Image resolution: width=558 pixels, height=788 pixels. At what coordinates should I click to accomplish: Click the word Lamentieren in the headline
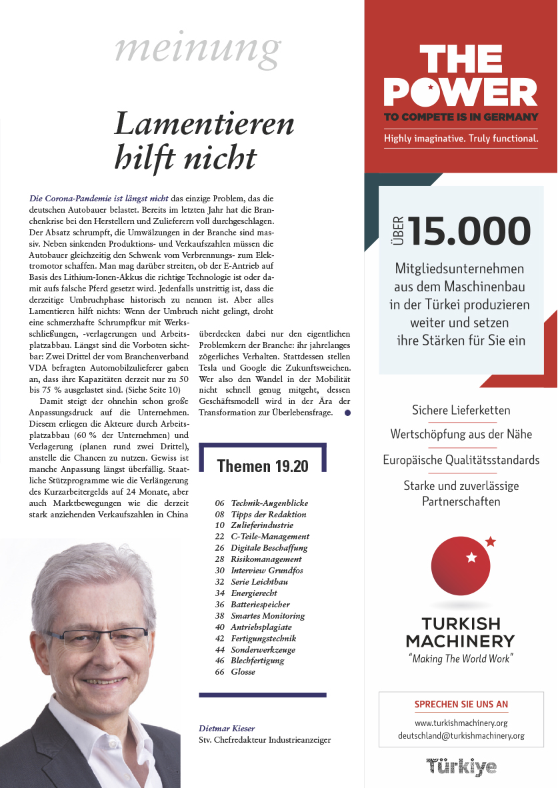pyautogui.click(x=204, y=125)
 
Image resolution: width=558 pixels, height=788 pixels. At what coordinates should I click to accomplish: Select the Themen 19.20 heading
pyautogui.click(x=263, y=466)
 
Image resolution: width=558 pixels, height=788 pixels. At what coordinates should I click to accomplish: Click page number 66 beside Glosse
pyautogui.click(x=219, y=672)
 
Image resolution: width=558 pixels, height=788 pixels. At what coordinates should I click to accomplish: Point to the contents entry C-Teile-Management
pyautogui.click(x=270, y=536)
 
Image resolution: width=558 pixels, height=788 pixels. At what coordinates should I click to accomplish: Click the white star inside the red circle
pyautogui.click(x=472, y=557)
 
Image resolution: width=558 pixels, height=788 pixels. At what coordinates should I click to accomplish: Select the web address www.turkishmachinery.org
pyautogui.click(x=461, y=722)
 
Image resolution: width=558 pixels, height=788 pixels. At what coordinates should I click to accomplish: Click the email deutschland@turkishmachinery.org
pyautogui.click(x=461, y=735)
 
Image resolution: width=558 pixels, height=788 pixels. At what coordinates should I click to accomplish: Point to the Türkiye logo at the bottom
pyautogui.click(x=461, y=766)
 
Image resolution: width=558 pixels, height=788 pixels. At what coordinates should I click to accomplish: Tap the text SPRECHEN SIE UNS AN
pyautogui.click(x=461, y=704)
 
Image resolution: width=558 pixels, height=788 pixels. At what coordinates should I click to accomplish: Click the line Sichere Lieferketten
pyautogui.click(x=461, y=409)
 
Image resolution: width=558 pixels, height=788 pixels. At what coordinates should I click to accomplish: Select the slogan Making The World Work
pyautogui.click(x=461, y=659)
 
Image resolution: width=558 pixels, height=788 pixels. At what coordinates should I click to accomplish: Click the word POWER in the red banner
pyautogui.click(x=461, y=91)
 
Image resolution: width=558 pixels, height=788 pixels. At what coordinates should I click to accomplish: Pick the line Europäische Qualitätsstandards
pyautogui.click(x=461, y=460)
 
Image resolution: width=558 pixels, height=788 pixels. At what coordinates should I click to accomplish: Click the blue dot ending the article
pyautogui.click(x=347, y=413)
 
